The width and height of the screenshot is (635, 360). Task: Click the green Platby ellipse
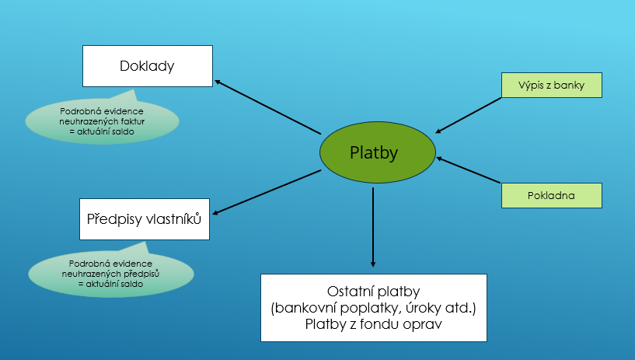(378, 152)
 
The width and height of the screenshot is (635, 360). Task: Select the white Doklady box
(148, 66)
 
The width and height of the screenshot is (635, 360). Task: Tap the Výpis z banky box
(552, 85)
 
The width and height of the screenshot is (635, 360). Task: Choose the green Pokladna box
(552, 196)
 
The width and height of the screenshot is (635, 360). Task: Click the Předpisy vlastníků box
(145, 219)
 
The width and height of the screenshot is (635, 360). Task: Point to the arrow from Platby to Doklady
(267, 107)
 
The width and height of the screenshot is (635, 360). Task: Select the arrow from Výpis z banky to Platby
(469, 115)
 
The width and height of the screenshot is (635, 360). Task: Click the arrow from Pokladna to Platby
(469, 170)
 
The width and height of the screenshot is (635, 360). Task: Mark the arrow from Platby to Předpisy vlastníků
(267, 192)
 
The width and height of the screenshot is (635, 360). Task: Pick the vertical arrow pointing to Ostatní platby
(373, 227)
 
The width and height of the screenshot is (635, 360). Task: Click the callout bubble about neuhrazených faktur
(102, 121)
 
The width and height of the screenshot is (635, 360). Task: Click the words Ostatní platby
(373, 292)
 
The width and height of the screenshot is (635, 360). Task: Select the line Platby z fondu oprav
(373, 324)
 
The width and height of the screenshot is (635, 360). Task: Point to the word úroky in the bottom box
(421, 308)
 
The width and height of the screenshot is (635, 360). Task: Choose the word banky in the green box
(569, 85)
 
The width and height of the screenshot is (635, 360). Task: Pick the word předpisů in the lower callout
(141, 274)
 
